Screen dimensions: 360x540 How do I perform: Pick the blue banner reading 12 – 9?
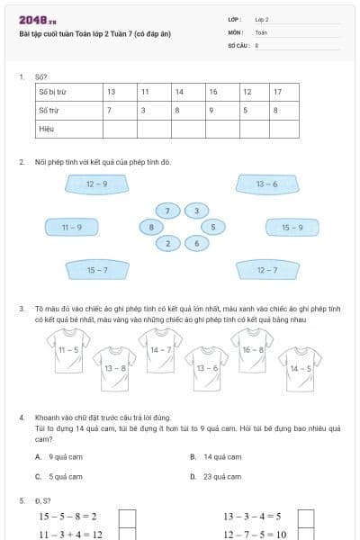click(97, 184)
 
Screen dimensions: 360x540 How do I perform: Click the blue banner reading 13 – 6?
click(266, 184)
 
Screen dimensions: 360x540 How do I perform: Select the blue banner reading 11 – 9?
click(72, 228)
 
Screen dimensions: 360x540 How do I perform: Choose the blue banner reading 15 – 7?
click(97, 270)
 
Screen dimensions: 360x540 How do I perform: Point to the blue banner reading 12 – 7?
click(266, 270)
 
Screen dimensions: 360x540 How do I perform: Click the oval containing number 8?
click(151, 227)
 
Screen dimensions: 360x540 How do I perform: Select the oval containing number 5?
click(212, 227)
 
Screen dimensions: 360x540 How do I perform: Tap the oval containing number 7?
click(166, 211)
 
